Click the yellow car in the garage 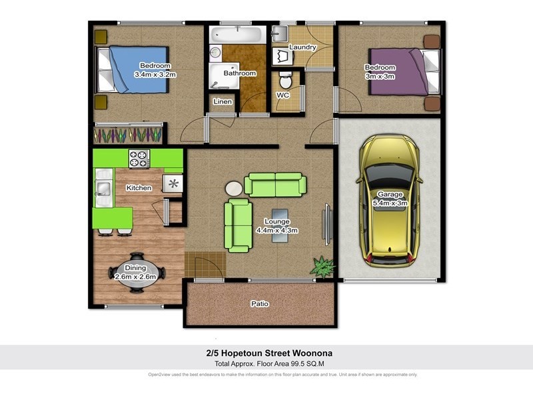pyautogui.click(x=390, y=200)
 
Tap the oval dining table pyautogui.click(x=136, y=273)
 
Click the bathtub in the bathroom pyautogui.click(x=238, y=35)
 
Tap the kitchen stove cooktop pyautogui.click(x=139, y=159)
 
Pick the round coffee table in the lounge pyautogui.click(x=235, y=189)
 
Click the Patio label pyautogui.click(x=259, y=304)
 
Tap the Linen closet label pyautogui.click(x=223, y=102)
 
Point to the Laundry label pyautogui.click(x=302, y=47)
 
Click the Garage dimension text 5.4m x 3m pyautogui.click(x=389, y=203)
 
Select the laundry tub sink pyautogui.click(x=280, y=33)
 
